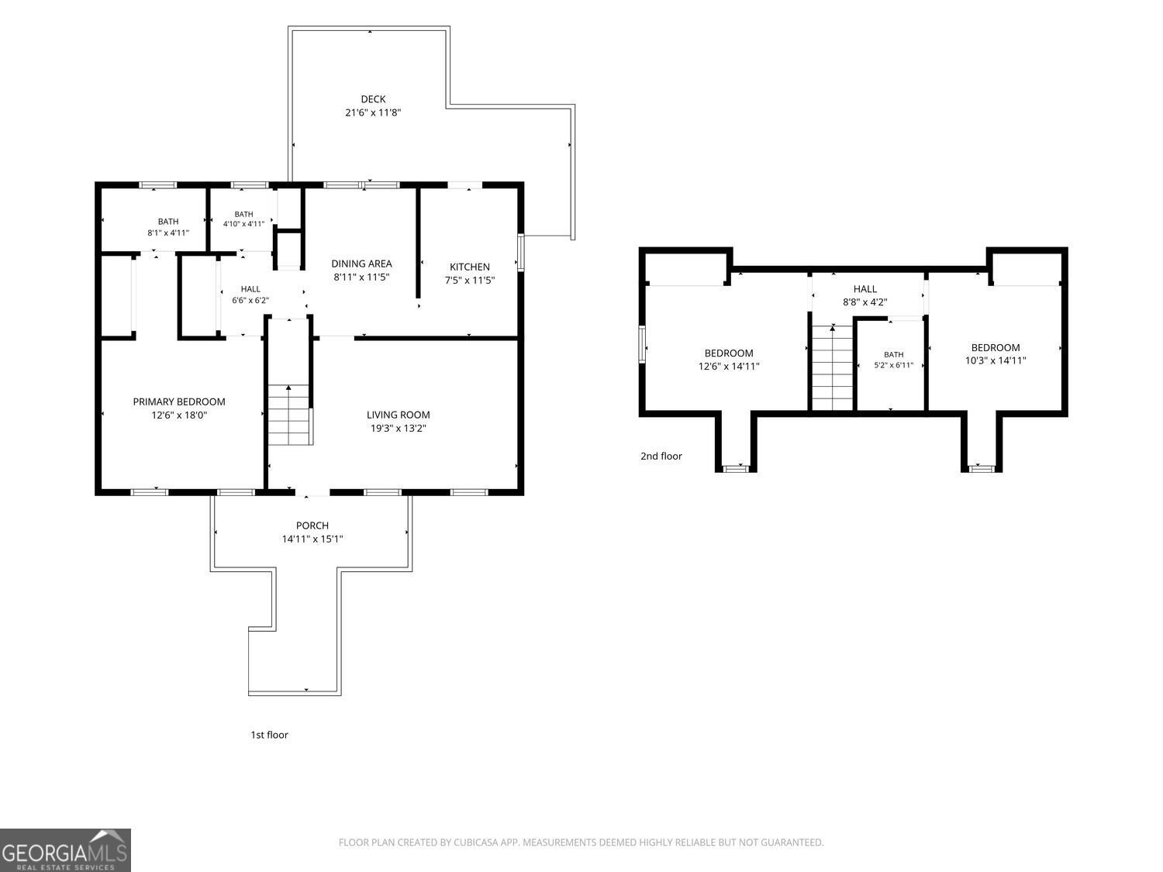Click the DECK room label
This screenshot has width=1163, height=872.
(x=373, y=99)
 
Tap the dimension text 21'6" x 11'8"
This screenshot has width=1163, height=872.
(x=373, y=112)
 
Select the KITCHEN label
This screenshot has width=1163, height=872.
(x=469, y=267)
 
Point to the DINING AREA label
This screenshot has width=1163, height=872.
(x=361, y=264)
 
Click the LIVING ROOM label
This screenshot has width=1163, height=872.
(x=398, y=415)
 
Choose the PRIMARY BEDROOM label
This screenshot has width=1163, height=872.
(x=179, y=402)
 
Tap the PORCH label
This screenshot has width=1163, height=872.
(x=312, y=526)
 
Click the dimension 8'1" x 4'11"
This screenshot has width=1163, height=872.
(x=168, y=233)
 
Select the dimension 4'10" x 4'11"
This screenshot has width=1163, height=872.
(x=243, y=224)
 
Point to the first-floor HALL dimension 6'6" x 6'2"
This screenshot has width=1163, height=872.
(x=250, y=300)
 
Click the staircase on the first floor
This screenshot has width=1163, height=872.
(x=288, y=415)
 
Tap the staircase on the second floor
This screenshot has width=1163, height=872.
(x=833, y=367)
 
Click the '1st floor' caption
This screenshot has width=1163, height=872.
(x=269, y=734)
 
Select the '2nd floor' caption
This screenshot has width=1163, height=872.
(x=661, y=456)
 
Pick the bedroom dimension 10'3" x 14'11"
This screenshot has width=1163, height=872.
(x=996, y=360)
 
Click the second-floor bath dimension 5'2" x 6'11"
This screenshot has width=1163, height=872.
(x=893, y=365)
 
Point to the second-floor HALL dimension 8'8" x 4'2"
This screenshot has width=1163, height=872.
(x=864, y=302)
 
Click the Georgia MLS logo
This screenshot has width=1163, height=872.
(x=65, y=850)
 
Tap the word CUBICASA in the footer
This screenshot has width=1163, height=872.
(x=475, y=843)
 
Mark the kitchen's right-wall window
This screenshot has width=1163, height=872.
(x=521, y=253)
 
